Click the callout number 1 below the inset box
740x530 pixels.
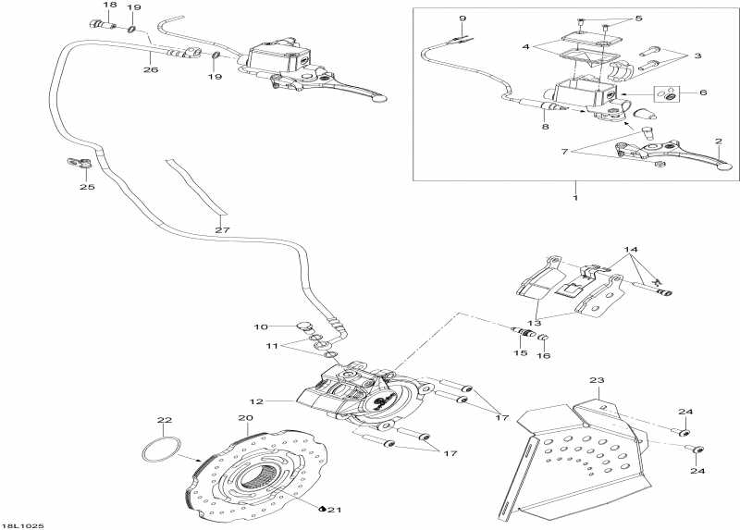coord(575,198)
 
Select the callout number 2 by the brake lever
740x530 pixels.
coord(717,142)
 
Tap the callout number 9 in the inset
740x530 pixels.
coord(462,18)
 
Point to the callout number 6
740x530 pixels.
coord(703,92)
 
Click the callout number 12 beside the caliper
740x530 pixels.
coord(255,401)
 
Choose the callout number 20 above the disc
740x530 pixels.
coord(245,418)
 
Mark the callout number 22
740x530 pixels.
coord(165,421)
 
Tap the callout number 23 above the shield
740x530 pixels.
coord(597,380)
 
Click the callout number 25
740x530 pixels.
coord(87,188)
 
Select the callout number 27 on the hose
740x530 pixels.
coord(221,230)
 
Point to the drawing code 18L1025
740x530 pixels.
coord(23,524)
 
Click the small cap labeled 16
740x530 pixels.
coord(544,336)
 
